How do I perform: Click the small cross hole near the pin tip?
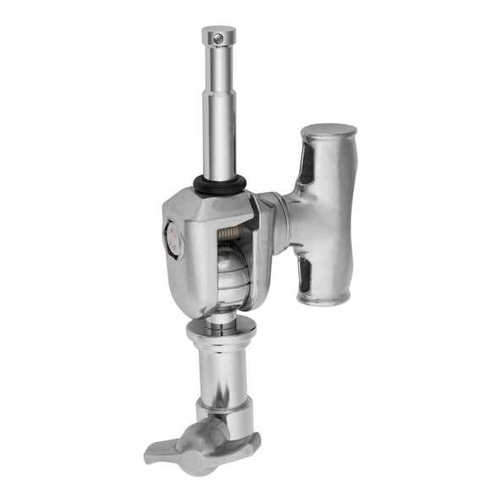click(x=218, y=38)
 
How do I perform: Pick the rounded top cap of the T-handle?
click(x=329, y=131)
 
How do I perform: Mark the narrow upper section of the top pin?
click(x=218, y=68)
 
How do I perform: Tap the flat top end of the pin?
click(x=218, y=30)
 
